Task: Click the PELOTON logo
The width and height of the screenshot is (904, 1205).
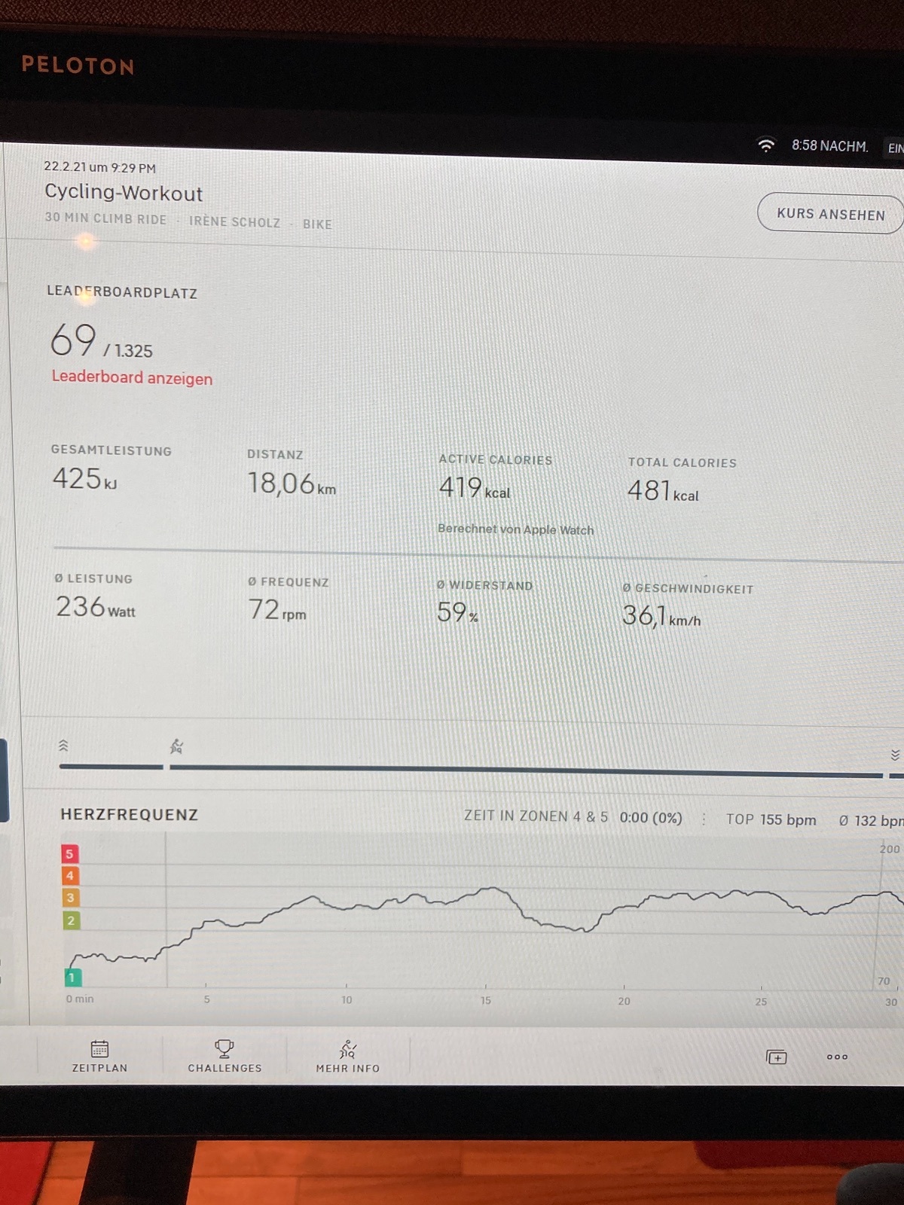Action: point(78,66)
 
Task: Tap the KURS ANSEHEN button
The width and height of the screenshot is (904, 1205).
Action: point(830,214)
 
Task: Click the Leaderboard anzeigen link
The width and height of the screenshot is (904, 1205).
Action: point(132,378)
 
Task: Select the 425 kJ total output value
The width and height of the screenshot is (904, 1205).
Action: point(84,478)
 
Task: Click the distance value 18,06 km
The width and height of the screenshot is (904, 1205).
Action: point(292,484)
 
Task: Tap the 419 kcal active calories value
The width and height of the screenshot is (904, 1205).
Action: point(475,487)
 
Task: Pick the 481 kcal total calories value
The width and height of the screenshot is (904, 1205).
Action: point(663,491)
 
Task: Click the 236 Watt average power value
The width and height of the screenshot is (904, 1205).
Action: point(96,607)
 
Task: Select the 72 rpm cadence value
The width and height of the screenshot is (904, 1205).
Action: point(277,610)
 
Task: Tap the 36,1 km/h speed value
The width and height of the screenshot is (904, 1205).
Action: point(661,616)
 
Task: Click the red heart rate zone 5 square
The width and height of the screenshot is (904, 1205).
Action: point(70,853)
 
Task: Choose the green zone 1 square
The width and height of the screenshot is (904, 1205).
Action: point(72,977)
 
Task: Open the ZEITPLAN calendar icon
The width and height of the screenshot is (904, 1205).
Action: point(99,1049)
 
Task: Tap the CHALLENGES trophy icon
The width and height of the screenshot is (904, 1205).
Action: point(224,1049)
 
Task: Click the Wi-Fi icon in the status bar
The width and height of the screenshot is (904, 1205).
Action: point(765,145)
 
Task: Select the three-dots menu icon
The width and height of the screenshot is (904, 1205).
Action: point(837,1057)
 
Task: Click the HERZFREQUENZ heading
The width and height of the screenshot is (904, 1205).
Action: point(130,814)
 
